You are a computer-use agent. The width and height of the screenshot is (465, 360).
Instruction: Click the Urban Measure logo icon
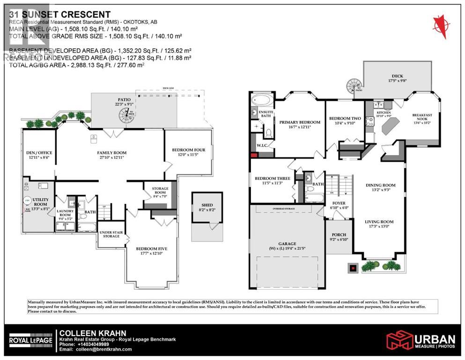point(397,340)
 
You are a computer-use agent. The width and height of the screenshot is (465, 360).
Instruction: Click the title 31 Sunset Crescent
point(60,15)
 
